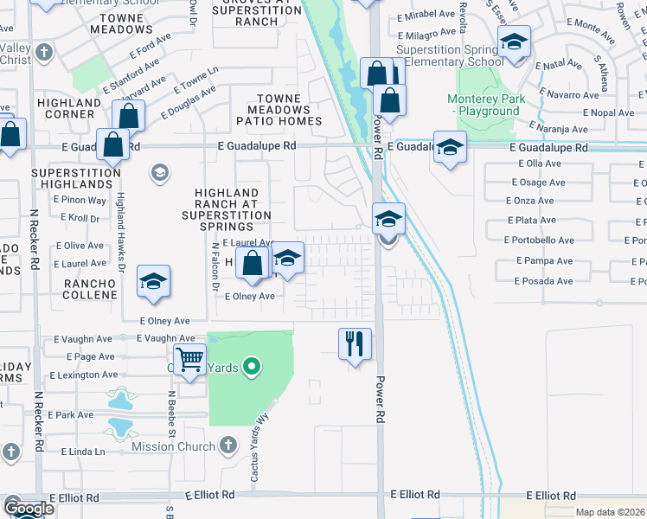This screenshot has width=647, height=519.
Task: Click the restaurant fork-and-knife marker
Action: click(355, 343)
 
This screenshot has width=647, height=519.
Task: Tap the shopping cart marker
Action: click(189, 359)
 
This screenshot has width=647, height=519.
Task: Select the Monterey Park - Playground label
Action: click(490, 106)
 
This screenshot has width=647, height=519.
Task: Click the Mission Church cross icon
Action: click(227, 445)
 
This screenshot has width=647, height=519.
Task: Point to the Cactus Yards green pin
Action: click(252, 367)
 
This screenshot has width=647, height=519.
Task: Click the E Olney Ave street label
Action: click(249, 297)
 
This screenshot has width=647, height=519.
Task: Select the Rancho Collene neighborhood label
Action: click(89, 289)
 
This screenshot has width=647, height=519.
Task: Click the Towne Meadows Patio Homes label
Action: click(285, 110)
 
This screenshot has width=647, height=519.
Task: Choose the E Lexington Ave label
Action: click(82, 375)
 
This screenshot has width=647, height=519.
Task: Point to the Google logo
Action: click(29, 508)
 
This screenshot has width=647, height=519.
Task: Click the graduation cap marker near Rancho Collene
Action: click(154, 281)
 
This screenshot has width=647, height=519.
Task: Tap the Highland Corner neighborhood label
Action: click(70, 108)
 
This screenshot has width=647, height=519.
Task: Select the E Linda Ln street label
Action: click(83, 452)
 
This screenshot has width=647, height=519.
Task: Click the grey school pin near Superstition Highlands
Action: click(159, 173)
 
